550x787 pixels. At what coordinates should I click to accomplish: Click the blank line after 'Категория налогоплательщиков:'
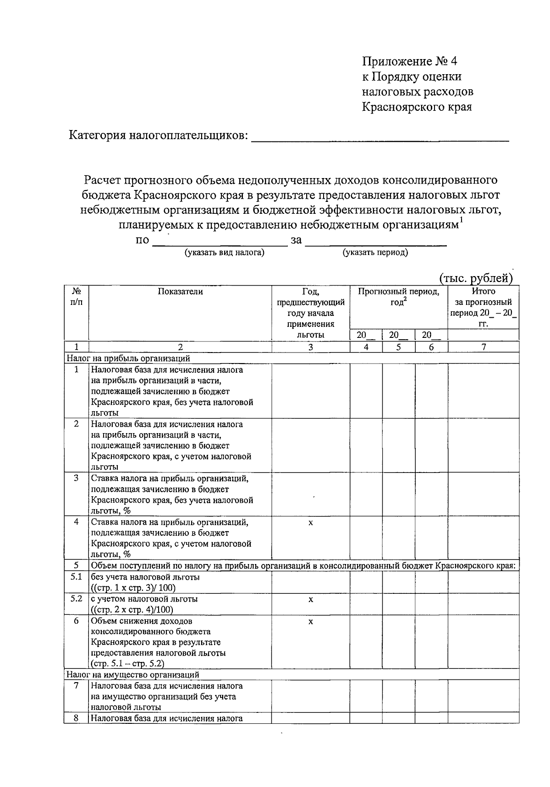click(x=380, y=137)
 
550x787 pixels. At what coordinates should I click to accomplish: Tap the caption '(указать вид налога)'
click(x=224, y=252)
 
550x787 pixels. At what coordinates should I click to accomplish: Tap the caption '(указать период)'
click(x=375, y=252)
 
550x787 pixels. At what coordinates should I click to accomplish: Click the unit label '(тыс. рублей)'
click(x=475, y=278)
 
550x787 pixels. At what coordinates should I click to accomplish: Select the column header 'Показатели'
click(x=180, y=292)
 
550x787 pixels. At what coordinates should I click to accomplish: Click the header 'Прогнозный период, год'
click(x=398, y=297)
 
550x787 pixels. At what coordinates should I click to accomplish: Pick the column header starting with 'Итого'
click(x=483, y=307)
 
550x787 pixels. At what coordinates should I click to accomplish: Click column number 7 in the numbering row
click(x=483, y=347)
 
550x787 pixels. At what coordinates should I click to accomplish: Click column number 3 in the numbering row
click(x=310, y=347)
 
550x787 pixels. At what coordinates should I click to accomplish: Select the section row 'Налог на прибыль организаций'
click(x=128, y=358)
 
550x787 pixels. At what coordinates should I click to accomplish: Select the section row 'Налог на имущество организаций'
click(x=133, y=674)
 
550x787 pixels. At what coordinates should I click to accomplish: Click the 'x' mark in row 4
click(x=310, y=522)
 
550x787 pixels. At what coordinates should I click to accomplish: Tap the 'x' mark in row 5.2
click(x=310, y=599)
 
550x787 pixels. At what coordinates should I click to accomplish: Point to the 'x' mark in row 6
click(x=310, y=621)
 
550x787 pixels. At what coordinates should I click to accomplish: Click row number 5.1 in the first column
click(x=76, y=577)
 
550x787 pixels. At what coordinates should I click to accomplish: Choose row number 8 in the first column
click(x=76, y=718)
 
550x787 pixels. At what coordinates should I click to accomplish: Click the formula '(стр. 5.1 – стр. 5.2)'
click(x=127, y=663)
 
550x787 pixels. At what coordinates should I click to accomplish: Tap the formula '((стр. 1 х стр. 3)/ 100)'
click(x=133, y=588)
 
